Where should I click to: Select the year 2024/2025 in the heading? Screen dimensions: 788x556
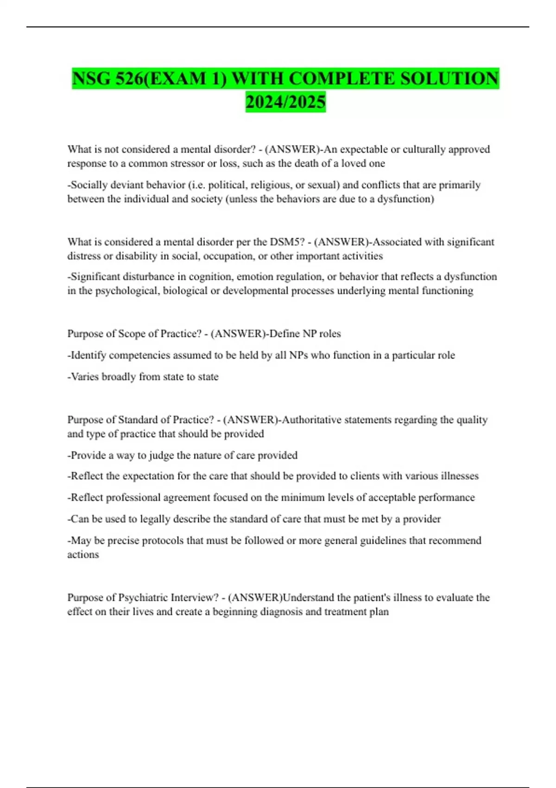[x=285, y=102]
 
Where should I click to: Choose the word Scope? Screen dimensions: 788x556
[x=132, y=334]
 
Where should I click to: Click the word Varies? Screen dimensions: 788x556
[x=84, y=377]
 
